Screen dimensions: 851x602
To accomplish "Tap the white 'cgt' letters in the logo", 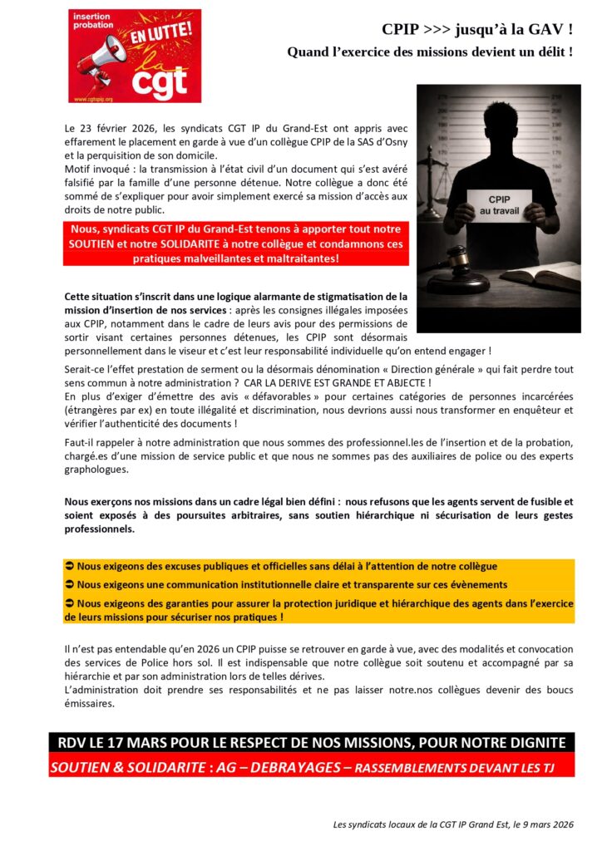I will tap(159, 81).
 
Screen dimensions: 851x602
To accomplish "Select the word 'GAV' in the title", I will tap(549, 30).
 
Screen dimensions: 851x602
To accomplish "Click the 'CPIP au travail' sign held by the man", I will tap(500, 204).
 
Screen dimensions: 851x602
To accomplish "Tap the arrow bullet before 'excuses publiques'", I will tap(70, 566).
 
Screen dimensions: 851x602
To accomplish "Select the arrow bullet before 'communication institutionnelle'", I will tap(70, 584).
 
